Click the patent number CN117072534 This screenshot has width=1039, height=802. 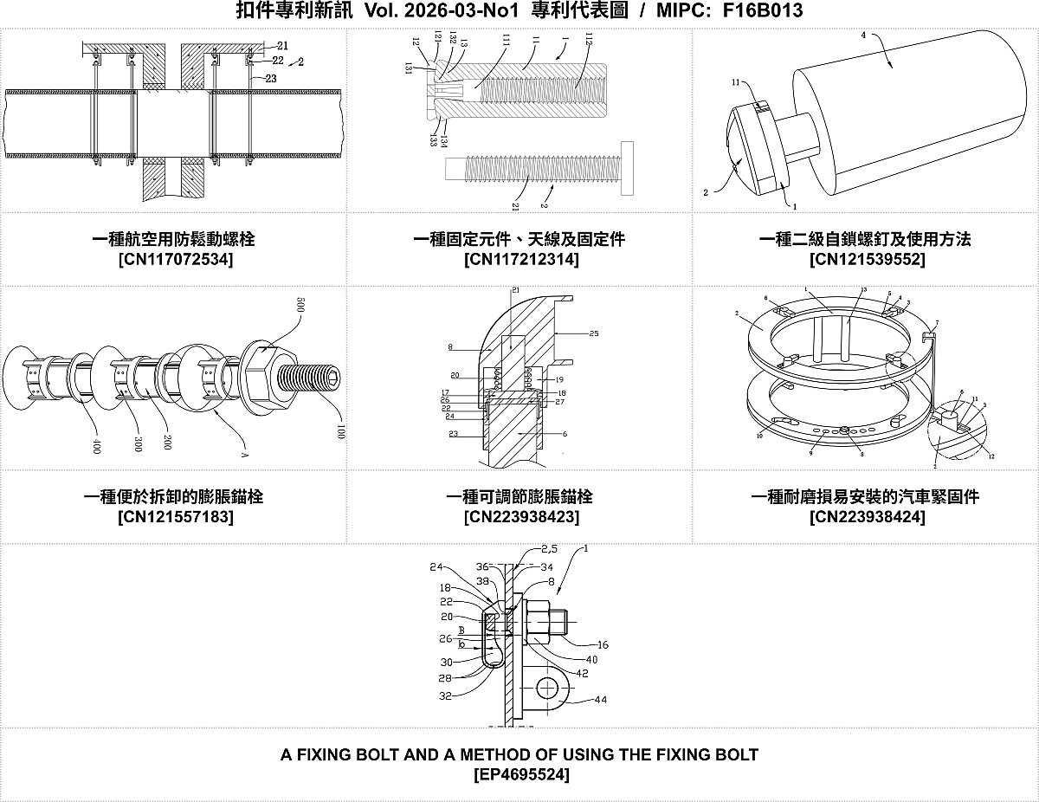(x=174, y=259)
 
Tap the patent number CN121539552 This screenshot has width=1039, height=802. (x=867, y=259)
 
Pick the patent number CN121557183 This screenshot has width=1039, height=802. (x=174, y=517)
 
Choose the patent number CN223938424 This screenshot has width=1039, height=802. (x=867, y=517)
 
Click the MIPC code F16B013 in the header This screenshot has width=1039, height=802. (x=762, y=11)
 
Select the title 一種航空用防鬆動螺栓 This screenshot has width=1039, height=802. (x=174, y=239)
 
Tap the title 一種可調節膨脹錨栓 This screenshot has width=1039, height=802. (x=519, y=497)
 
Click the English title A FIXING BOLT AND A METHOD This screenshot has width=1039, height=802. (x=519, y=754)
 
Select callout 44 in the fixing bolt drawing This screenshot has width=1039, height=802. (x=600, y=699)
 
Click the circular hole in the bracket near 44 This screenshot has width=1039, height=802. (x=546, y=689)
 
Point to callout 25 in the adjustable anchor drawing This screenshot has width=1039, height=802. (x=593, y=333)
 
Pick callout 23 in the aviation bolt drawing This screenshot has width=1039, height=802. (x=271, y=78)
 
